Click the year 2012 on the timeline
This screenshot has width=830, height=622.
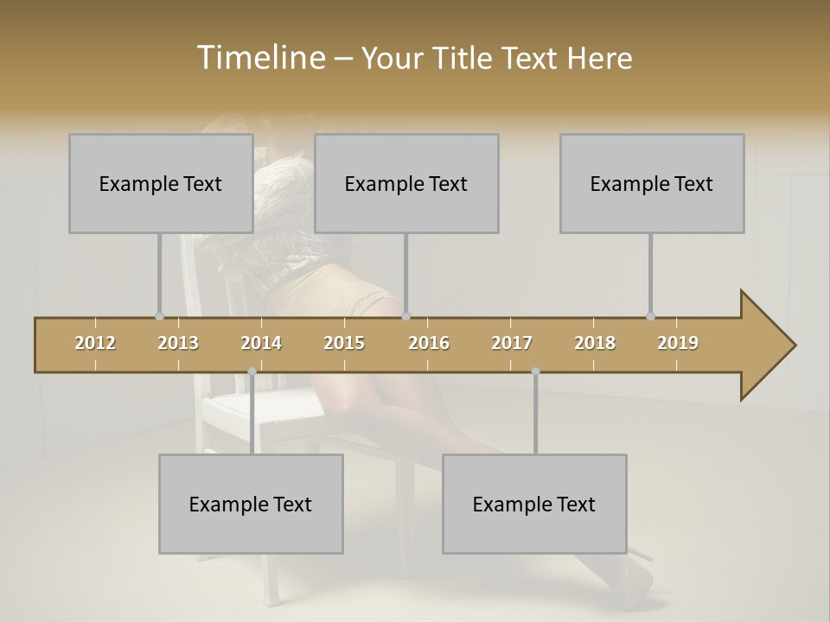tap(95, 343)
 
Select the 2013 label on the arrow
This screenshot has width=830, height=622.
tap(178, 343)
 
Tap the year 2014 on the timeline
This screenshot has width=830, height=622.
tap(261, 343)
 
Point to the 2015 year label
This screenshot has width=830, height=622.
tap(344, 343)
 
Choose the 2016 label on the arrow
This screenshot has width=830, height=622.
tap(429, 343)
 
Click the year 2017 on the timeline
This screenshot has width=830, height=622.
tap(512, 343)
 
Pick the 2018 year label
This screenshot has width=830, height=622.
tap(595, 343)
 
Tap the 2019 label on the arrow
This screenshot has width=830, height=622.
tap(678, 343)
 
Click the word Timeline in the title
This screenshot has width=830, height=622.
tap(259, 58)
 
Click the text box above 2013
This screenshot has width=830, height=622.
tap(161, 183)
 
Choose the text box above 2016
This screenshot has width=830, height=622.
tap(406, 183)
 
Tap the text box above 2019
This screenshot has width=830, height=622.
tap(652, 183)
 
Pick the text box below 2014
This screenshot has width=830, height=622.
tap(251, 504)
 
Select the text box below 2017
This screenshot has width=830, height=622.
tap(534, 504)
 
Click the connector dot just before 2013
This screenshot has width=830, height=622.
tap(159, 317)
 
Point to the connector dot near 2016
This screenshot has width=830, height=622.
tap(406, 317)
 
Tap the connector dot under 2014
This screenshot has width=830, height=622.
tap(252, 371)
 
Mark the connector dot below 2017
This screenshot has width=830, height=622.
tap(535, 371)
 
